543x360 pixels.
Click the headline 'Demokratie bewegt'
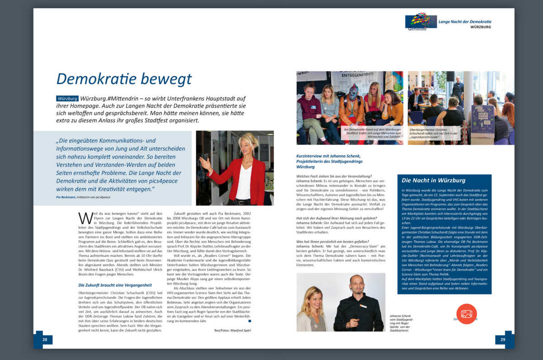tap(124, 78)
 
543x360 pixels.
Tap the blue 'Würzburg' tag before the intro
tap(67, 98)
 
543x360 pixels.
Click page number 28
tap(45, 339)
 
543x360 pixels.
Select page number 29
tap(503, 339)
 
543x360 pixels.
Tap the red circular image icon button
tap(467, 314)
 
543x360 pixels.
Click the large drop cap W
tap(83, 217)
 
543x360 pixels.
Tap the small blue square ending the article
tap(249, 321)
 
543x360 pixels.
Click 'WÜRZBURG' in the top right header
tap(480, 27)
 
